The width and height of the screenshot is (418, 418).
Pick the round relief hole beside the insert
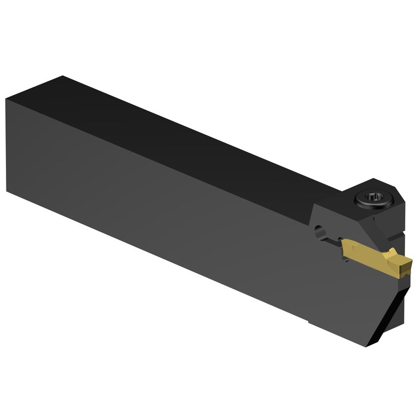(x=319, y=230)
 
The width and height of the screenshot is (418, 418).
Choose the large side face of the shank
(x=157, y=206)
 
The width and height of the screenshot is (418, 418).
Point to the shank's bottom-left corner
(x=7, y=191)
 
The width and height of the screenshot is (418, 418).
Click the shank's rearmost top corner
(x=62, y=76)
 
